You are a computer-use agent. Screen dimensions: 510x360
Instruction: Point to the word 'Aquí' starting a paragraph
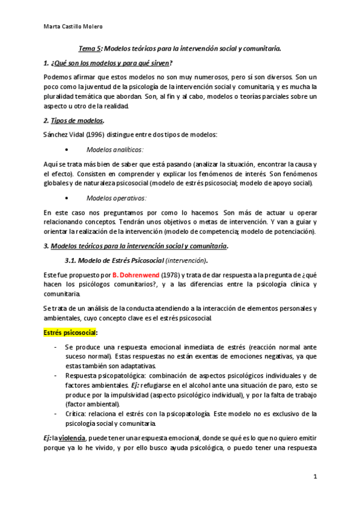[x=51, y=164]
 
